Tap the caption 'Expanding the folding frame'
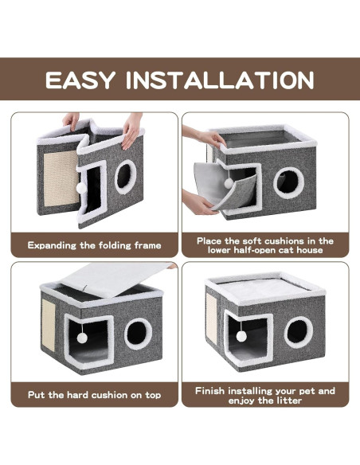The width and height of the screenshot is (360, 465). [x=94, y=245]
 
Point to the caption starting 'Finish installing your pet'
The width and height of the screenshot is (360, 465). [x=265, y=392]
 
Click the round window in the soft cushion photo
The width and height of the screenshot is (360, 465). [x=288, y=182]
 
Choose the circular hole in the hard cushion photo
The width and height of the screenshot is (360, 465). [x=138, y=332]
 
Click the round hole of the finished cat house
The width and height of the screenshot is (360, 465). [x=299, y=332]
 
